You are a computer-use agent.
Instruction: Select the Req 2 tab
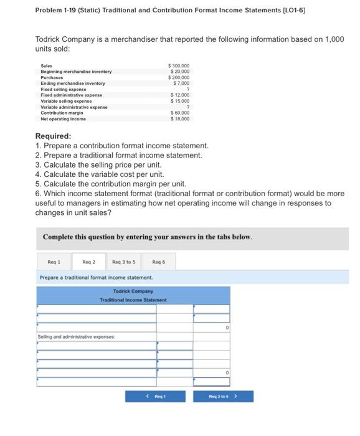(x=90, y=262)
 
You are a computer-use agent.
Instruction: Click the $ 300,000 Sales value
(x=180, y=65)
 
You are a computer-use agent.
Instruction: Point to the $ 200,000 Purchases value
(x=180, y=77)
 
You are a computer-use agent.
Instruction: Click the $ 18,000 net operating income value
(x=181, y=118)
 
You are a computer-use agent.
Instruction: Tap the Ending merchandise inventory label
(x=73, y=83)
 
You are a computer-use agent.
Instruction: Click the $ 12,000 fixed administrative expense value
(x=181, y=95)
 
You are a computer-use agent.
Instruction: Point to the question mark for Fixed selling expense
(x=187, y=89)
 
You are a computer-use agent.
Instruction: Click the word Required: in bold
(x=53, y=136)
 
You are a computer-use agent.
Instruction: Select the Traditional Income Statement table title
(x=133, y=300)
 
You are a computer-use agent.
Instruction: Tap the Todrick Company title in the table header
(x=133, y=291)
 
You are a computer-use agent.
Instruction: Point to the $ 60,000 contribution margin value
(x=181, y=113)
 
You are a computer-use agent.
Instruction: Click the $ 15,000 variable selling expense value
(x=181, y=101)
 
